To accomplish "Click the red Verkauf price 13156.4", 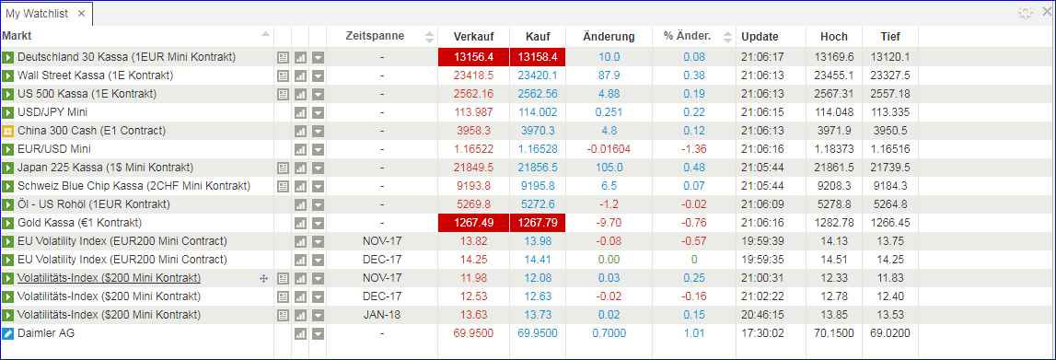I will [x=473, y=57].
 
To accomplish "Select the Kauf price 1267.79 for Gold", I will [x=538, y=223].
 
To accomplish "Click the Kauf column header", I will [x=538, y=37].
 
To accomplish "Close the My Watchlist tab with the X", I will [x=81, y=14].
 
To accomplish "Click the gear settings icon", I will [x=1025, y=13].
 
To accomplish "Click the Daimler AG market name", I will [x=45, y=333].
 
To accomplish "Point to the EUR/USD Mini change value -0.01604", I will [x=609, y=149].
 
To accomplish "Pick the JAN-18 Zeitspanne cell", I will [x=382, y=315].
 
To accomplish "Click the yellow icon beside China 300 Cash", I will [x=8, y=131].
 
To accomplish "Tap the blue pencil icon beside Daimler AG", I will [x=8, y=333].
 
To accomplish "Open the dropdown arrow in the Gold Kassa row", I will [x=318, y=223].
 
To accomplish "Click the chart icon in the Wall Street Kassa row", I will [x=300, y=75].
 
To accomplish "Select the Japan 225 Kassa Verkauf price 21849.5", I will [x=473, y=168].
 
